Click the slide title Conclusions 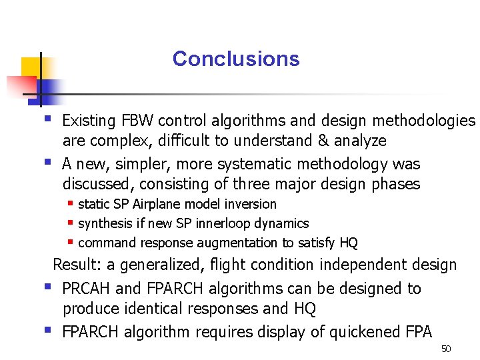(236, 59)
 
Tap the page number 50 (446, 349)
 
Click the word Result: (77, 265)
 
